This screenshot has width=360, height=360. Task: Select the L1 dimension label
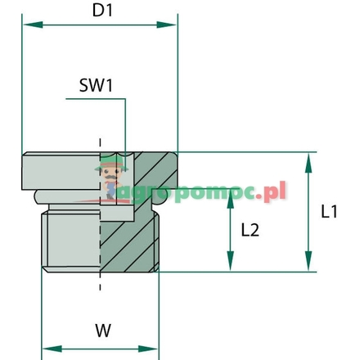(331, 212)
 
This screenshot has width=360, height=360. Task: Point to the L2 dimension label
(250, 231)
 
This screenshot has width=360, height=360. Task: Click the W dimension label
(101, 331)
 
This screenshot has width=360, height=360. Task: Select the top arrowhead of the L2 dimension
(230, 204)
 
